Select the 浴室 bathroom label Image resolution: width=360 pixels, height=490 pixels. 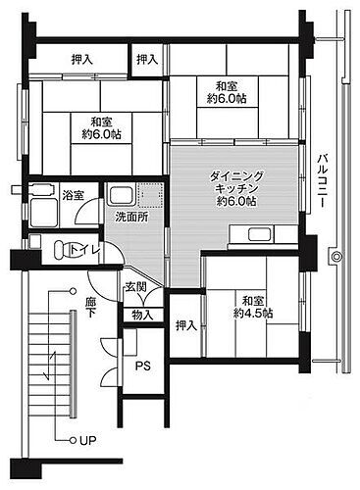(x=72, y=193)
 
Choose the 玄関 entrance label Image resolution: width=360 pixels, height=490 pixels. (x=135, y=287)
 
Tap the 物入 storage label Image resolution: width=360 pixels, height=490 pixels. (x=142, y=315)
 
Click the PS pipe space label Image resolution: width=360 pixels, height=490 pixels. (x=143, y=367)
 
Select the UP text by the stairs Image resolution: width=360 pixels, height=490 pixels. (x=87, y=438)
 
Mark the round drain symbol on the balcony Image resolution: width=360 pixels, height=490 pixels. (x=335, y=257)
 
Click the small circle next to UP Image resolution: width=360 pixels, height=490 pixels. (x=72, y=438)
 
